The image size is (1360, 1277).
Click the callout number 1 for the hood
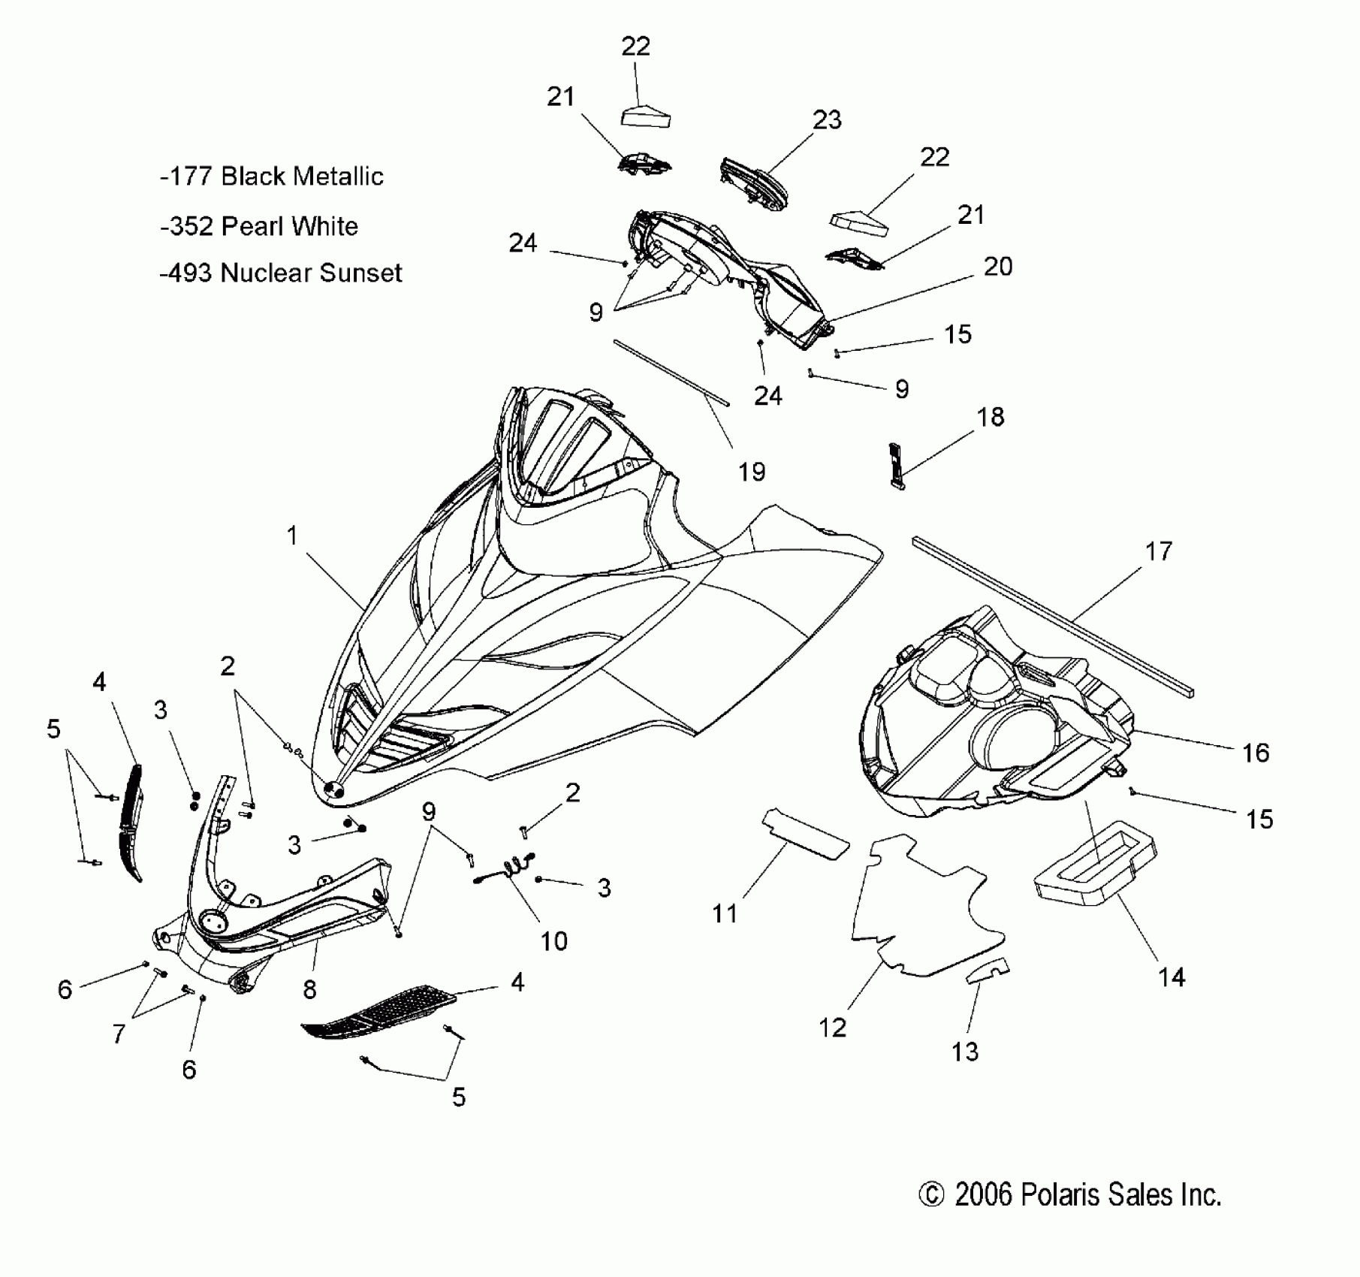coord(292,536)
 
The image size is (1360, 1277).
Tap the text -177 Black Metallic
coord(271,177)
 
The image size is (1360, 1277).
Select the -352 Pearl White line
coord(259,226)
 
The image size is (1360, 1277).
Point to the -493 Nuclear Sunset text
coord(281,273)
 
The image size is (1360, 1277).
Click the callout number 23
coord(827,120)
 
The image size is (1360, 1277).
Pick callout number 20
coord(998,267)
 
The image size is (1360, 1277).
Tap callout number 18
coord(991,418)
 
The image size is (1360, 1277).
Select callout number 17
coord(1158,551)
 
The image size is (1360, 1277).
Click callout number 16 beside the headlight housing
coord(1256,753)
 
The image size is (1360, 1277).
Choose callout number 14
coord(1172,977)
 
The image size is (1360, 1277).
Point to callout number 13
coord(965,1052)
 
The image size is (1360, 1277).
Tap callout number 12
coord(832,1027)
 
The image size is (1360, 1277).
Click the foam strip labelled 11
coord(806,833)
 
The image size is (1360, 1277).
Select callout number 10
coord(554,941)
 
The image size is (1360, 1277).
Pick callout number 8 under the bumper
coord(309,989)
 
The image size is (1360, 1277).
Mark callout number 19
coord(751,472)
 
